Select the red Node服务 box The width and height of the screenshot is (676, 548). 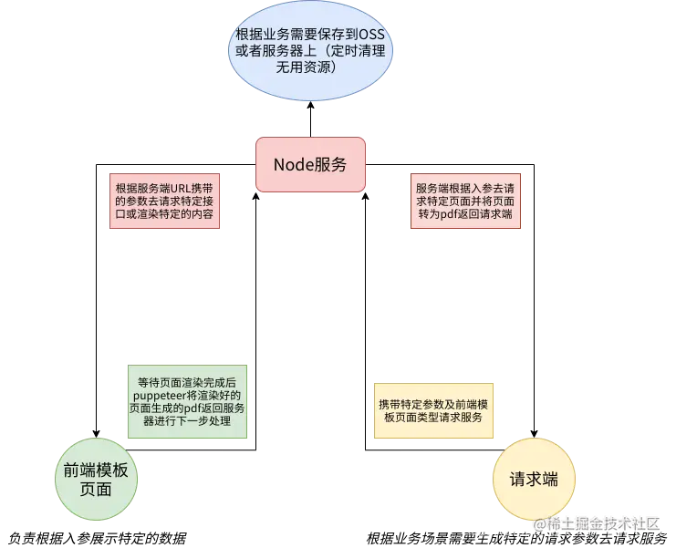(x=310, y=165)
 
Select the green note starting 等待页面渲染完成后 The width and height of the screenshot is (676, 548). (x=186, y=403)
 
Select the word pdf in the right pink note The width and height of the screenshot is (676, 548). (x=458, y=214)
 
